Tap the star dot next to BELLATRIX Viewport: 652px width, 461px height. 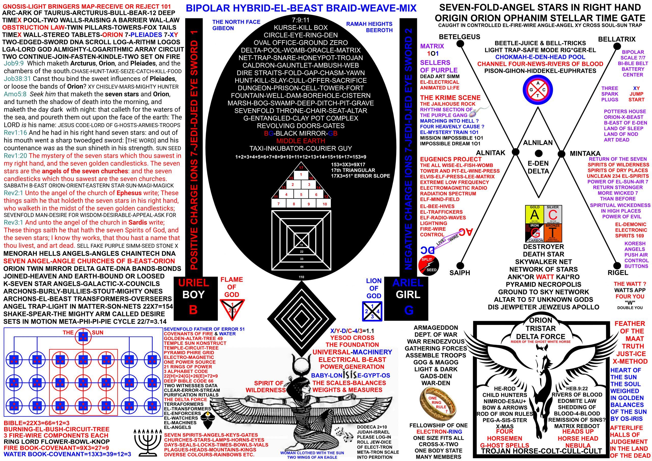617,46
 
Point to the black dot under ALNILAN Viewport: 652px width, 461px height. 538,153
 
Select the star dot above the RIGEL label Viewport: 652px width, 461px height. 617,264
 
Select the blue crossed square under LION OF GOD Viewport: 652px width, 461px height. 372,311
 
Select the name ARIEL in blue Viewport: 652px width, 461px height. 408,283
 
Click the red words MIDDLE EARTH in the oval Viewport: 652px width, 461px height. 301,141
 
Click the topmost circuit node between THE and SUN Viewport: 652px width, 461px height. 83,337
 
